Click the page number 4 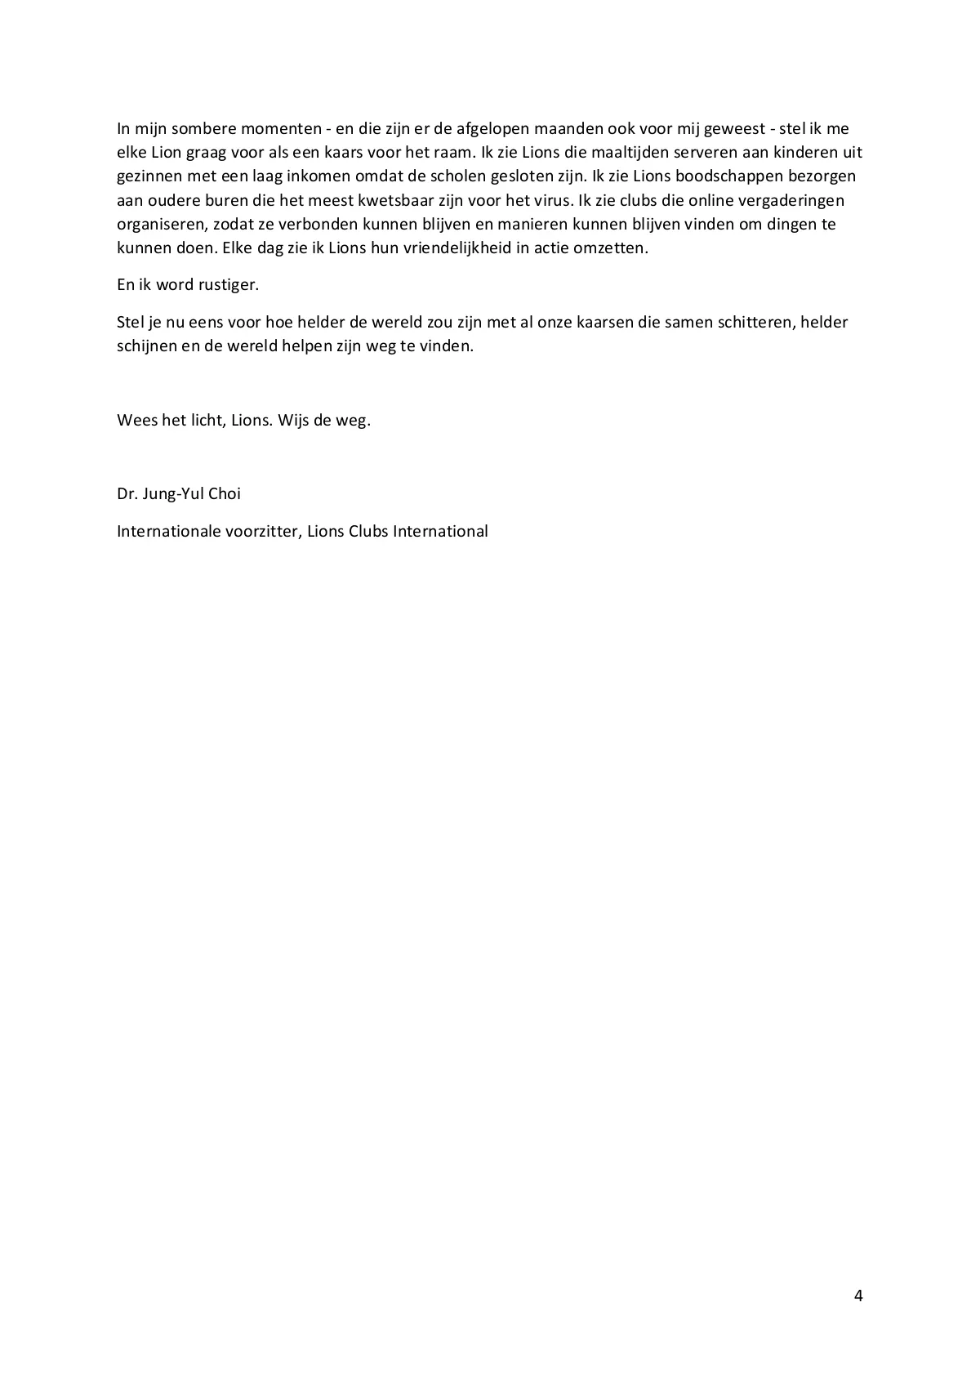(857, 1296)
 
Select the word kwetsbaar (392, 200)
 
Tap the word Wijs (293, 421)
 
